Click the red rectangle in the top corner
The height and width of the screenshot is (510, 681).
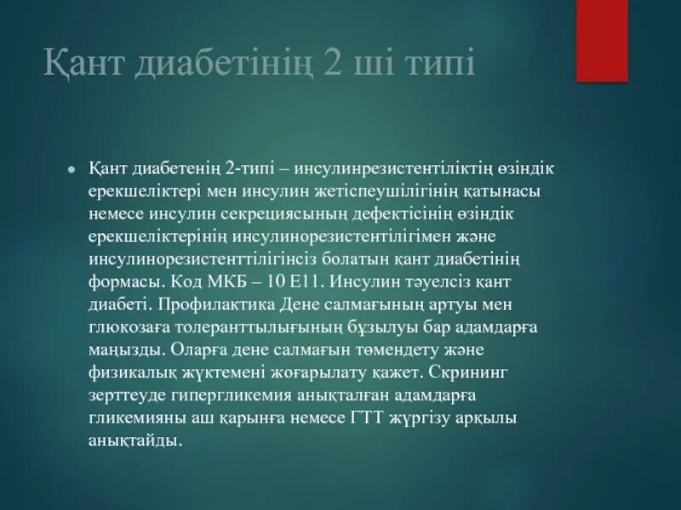[x=602, y=40]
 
